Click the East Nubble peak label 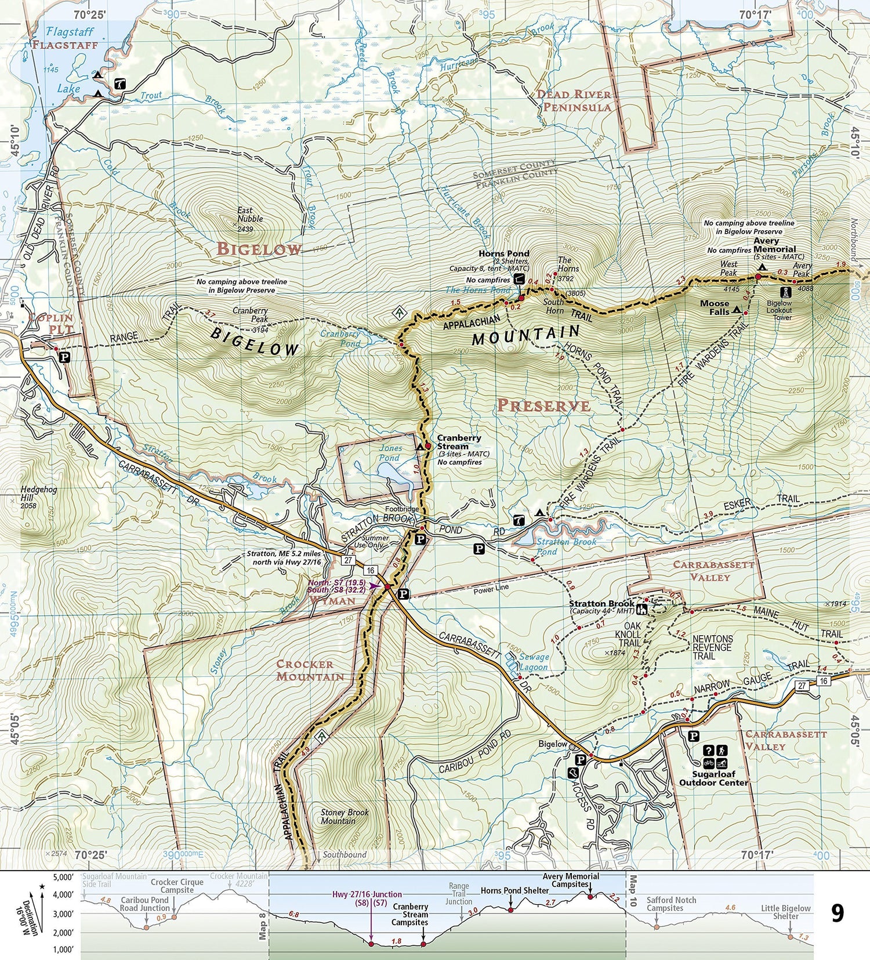coord(249,215)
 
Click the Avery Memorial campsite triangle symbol coord(762,267)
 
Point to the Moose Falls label coord(715,307)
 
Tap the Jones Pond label coord(390,452)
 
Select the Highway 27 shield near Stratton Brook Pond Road coord(348,560)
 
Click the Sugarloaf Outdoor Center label coord(713,778)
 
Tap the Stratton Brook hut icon coord(642,609)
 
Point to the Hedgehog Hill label coord(38,494)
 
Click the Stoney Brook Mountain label coord(345,816)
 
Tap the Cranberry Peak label coord(251,314)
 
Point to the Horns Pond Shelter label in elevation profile coord(514,890)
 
